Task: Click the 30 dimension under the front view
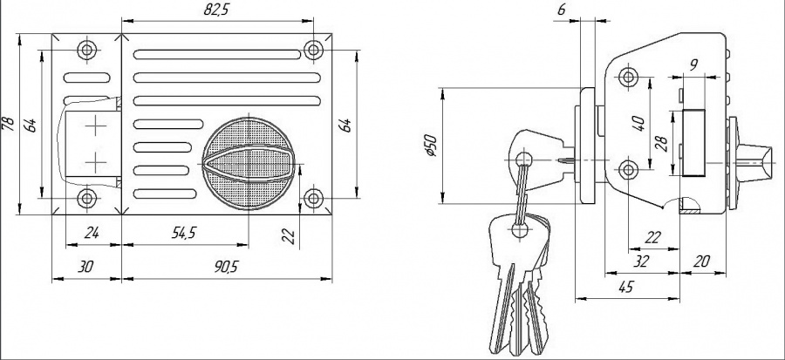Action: (85, 267)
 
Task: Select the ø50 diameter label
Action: (428, 145)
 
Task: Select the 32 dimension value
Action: (642, 261)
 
